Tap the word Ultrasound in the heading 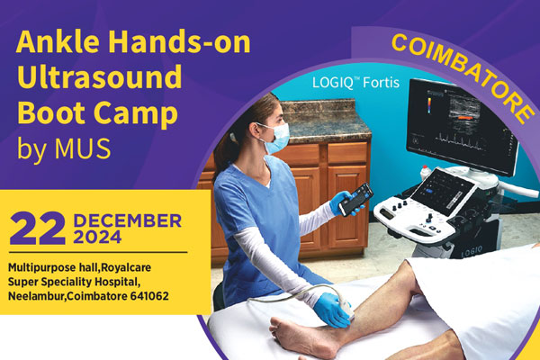(100, 76)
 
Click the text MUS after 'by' (82, 148)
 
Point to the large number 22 (38, 228)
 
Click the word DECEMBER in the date (128, 220)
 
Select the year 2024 (97, 238)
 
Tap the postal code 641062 (149, 296)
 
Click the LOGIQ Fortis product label (355, 83)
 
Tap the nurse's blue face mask (277, 138)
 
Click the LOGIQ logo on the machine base (472, 251)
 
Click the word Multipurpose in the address (38, 267)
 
